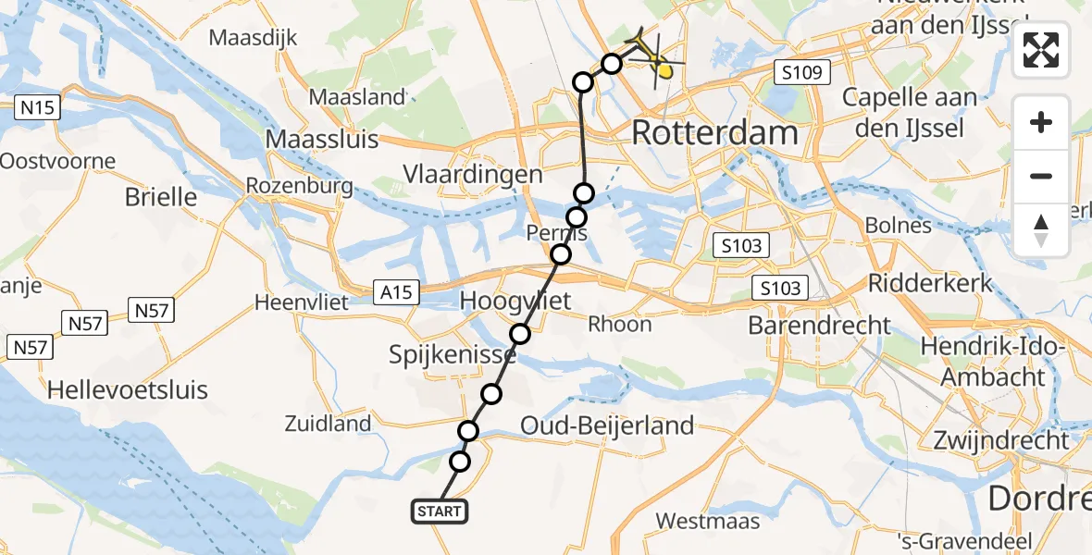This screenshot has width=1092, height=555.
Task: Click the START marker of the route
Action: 439,511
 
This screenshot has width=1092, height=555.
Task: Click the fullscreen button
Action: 1041,50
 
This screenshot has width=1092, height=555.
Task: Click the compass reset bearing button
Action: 1041,230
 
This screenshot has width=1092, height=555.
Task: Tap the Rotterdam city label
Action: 714,132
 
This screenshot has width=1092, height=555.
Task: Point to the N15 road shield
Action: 38,107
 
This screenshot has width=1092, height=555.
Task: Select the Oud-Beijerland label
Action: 607,425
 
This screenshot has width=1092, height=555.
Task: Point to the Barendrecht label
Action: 819,325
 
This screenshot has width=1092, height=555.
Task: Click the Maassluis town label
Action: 322,140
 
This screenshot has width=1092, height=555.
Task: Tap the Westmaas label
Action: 708,521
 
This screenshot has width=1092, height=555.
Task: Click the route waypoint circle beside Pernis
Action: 577,217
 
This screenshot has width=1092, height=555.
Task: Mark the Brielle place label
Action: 162,196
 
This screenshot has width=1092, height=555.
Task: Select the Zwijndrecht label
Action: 1002,440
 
